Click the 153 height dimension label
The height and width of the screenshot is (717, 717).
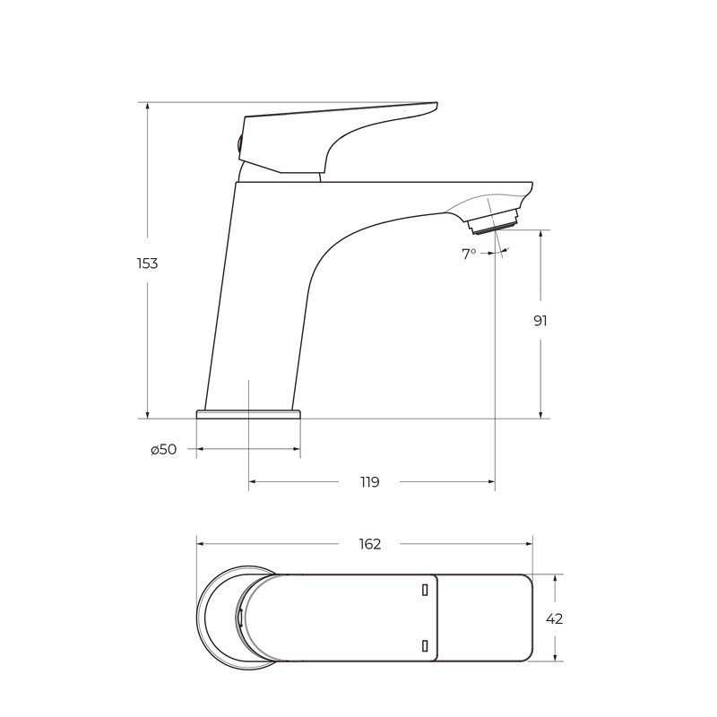point(147,263)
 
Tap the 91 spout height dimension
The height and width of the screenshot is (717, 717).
point(540,321)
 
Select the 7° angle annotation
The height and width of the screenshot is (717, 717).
point(469,254)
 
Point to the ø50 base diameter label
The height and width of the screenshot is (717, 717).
point(164,450)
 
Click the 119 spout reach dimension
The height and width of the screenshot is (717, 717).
point(369,482)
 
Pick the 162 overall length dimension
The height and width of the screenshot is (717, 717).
point(369,544)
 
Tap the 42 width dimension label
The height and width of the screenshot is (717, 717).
point(554,619)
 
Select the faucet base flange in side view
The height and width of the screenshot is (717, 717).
point(249,414)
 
